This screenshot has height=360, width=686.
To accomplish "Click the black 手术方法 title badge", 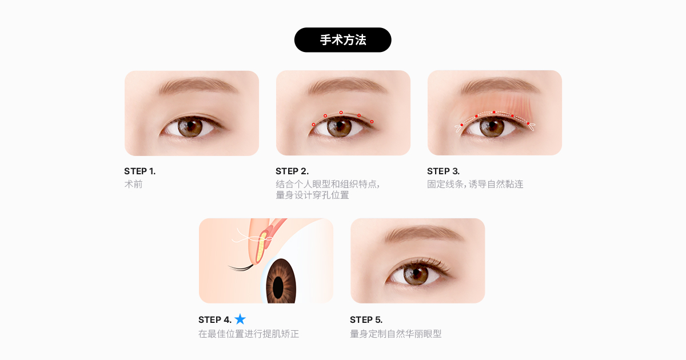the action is [342, 40].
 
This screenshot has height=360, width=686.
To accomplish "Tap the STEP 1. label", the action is [140, 171].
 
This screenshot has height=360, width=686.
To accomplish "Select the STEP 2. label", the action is [292, 171].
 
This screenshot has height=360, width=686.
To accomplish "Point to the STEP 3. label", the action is [444, 171].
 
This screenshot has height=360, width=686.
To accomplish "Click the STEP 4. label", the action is [215, 320].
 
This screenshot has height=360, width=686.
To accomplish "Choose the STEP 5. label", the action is [366, 320].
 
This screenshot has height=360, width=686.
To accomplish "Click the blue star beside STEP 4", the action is [240, 319].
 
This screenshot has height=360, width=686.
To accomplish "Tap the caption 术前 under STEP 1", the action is [134, 184].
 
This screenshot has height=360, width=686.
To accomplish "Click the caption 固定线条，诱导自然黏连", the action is [475, 184].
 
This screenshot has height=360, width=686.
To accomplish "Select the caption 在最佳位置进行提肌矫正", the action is [249, 334].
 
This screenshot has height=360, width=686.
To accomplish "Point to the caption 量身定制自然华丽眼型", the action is [396, 334].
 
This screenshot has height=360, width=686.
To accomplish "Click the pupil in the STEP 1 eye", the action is [190, 126].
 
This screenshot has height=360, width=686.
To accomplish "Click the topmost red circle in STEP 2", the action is [341, 113].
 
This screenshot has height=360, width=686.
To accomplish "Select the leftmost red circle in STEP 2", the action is [314, 125].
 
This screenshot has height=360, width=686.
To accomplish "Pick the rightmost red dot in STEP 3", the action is [528, 123].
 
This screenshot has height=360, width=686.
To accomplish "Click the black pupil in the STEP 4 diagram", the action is [278, 287].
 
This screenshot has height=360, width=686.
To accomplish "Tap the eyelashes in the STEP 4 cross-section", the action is [241, 268].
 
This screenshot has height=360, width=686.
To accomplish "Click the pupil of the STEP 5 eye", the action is [417, 273].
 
